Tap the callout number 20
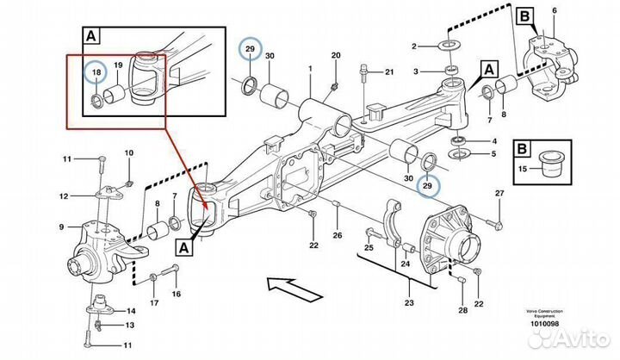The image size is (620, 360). (x=335, y=55)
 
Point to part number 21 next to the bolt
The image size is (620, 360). (x=388, y=71)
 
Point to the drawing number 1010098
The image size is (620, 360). (x=545, y=323)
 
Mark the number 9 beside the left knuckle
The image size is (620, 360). (x=61, y=227)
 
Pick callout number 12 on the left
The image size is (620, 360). (x=63, y=196)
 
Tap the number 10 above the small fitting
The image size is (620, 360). (x=129, y=153)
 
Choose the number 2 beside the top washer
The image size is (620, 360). (x=415, y=45)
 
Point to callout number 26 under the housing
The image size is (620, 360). (x=338, y=235)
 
